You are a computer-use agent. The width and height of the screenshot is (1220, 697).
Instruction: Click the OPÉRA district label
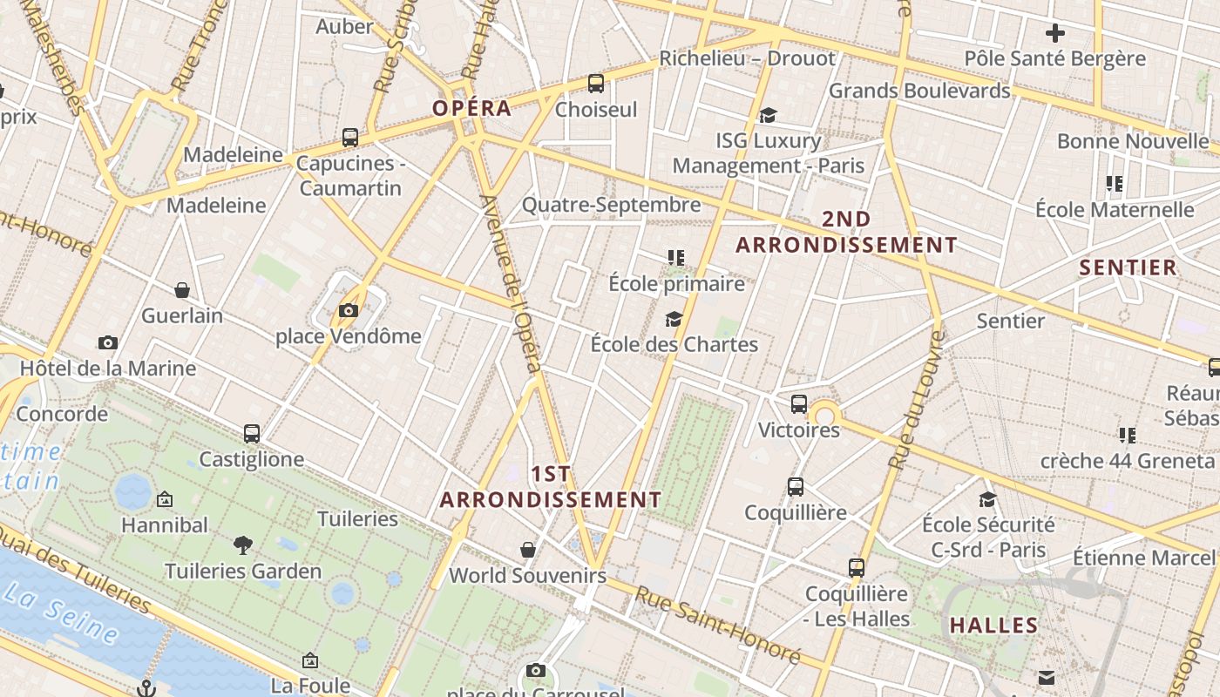click(x=472, y=108)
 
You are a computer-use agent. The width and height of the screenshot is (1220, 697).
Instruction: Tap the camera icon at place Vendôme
click(x=349, y=310)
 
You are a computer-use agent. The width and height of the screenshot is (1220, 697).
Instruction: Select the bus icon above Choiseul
click(x=596, y=84)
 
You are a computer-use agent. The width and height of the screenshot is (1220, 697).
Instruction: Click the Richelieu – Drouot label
click(x=747, y=58)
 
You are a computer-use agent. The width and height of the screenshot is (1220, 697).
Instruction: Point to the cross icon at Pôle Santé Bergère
click(x=1055, y=34)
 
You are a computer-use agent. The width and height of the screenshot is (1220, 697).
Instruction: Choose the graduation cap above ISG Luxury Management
click(x=768, y=115)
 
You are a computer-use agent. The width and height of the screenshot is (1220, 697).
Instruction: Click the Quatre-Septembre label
click(x=611, y=205)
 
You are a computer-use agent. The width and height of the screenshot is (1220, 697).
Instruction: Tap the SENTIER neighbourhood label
click(x=1128, y=267)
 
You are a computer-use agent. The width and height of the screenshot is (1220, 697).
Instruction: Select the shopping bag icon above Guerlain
click(x=182, y=290)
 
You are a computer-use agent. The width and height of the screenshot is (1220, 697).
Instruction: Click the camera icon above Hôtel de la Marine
click(x=108, y=342)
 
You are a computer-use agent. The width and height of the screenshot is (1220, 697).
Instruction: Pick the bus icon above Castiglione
click(x=252, y=433)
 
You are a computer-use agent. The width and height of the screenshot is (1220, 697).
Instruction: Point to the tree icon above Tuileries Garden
click(x=243, y=546)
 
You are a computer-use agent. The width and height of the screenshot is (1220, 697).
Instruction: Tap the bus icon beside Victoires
click(x=799, y=404)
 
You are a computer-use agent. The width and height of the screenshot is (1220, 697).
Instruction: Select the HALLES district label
click(x=993, y=625)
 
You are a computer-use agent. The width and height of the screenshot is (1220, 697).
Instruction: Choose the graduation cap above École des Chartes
click(x=674, y=319)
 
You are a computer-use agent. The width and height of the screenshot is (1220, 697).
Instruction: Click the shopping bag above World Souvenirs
click(x=528, y=550)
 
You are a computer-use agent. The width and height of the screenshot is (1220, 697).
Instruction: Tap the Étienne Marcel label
click(x=1142, y=558)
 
